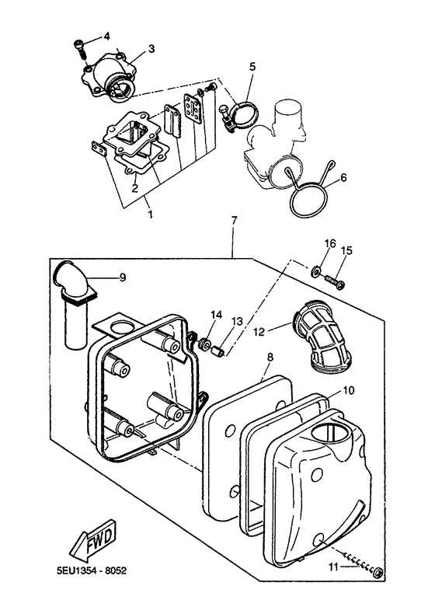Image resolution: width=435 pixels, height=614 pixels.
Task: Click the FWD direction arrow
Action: pos(93,540)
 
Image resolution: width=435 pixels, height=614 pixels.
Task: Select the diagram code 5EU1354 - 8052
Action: pos(91,570)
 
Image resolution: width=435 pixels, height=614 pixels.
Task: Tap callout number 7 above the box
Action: pos(234,221)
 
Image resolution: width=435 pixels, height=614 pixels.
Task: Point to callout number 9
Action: pos(123,277)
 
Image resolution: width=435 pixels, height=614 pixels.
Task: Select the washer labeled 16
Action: pos(315,271)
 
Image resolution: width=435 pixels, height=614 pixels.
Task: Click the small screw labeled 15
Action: pos(335,281)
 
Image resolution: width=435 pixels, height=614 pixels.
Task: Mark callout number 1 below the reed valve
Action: pos(150,215)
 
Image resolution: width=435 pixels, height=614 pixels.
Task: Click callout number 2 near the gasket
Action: pos(134,188)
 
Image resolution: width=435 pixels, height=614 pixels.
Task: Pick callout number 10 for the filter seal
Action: pos(349,390)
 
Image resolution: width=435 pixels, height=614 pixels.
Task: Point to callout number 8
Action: pos(270,357)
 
